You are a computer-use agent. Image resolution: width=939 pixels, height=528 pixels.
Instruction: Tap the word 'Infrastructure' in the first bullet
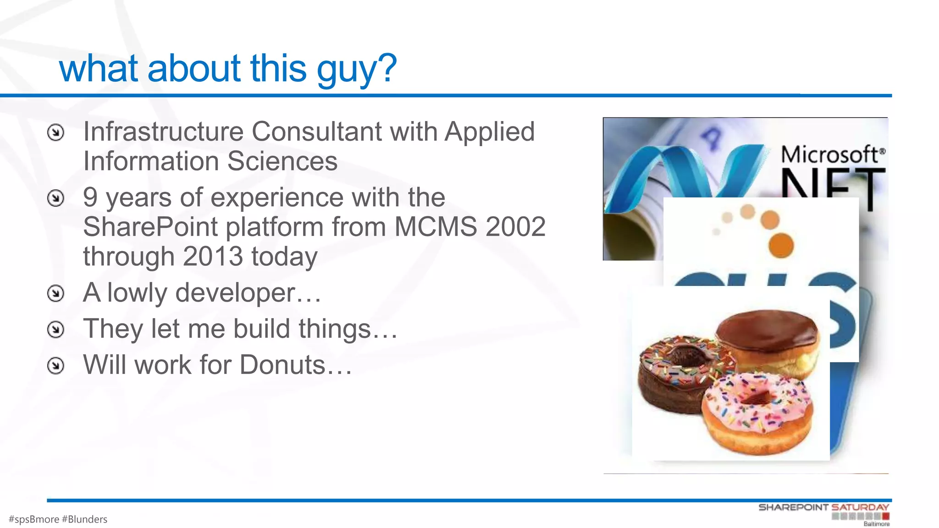(x=163, y=132)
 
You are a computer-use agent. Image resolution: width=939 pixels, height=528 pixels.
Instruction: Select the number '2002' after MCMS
(x=515, y=226)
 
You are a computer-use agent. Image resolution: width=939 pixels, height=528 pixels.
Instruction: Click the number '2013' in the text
(x=213, y=256)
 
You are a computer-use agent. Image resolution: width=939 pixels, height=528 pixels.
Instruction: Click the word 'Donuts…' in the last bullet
(x=296, y=365)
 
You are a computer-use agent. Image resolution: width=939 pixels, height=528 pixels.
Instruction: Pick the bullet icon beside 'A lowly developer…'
(x=56, y=293)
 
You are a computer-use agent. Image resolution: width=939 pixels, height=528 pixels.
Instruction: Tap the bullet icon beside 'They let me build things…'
(x=56, y=329)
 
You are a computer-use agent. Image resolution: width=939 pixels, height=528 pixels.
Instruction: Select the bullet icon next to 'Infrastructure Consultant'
(x=56, y=132)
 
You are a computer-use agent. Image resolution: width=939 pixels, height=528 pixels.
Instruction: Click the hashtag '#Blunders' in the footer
(x=84, y=519)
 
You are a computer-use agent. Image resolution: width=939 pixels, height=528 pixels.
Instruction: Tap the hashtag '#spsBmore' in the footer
(x=34, y=519)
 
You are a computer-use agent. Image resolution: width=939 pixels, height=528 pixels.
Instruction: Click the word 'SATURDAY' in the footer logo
(x=860, y=507)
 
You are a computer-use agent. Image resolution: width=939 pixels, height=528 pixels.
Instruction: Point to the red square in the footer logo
(x=885, y=517)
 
